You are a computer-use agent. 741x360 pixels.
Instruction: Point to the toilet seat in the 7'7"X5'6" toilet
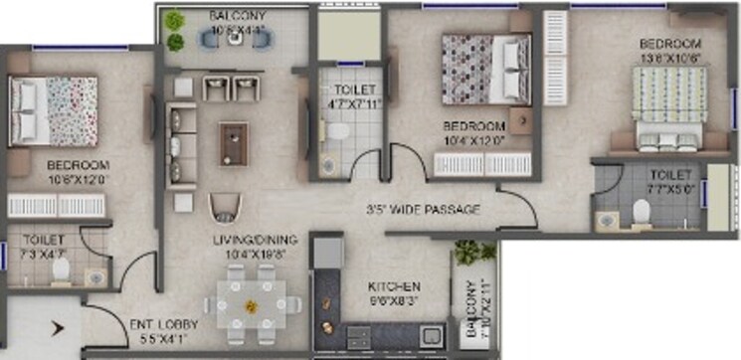pyautogui.click(x=642, y=212)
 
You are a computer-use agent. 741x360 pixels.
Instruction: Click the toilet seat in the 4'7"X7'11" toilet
pyautogui.click(x=337, y=131)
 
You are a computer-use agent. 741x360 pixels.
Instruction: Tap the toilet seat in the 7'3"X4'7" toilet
pyautogui.click(x=61, y=270)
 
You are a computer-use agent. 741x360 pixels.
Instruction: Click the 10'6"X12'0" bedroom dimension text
pyautogui.click(x=77, y=180)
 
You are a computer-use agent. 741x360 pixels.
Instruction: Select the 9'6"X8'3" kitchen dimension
pyautogui.click(x=395, y=297)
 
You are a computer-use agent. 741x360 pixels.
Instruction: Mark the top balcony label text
pyautogui.click(x=236, y=17)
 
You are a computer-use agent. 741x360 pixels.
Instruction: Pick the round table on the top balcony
pyautogui.click(x=235, y=39)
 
